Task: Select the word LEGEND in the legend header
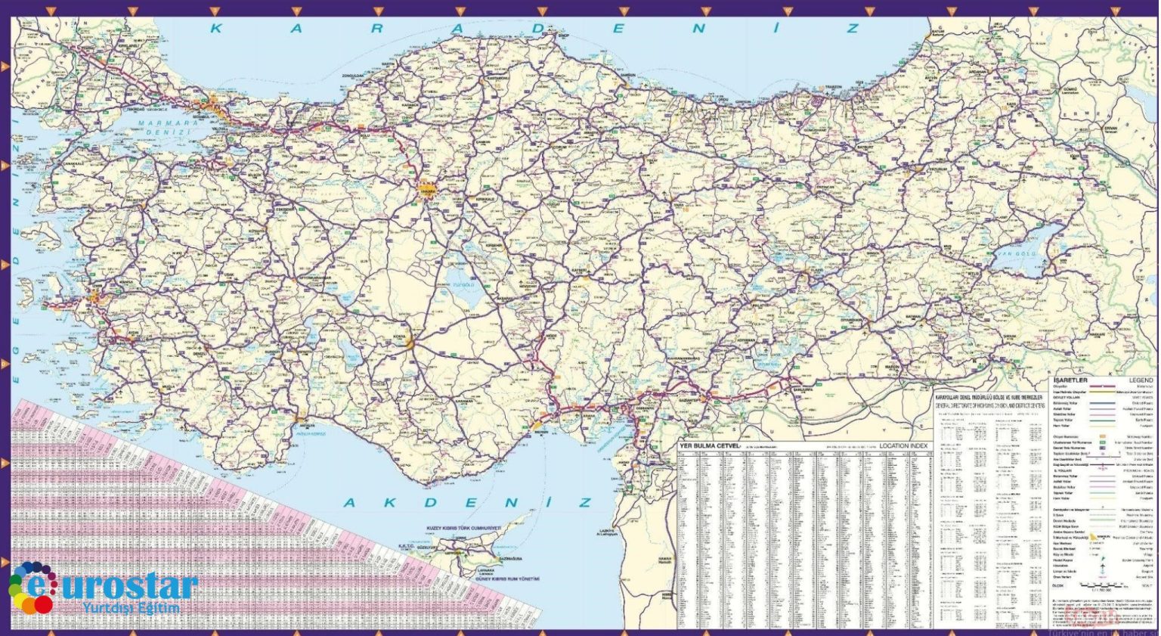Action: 1141,380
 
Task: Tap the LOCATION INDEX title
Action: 903,446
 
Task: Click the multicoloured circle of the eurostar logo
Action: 30,588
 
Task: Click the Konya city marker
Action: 408,342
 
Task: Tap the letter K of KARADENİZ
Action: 216,29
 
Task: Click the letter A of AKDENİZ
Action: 351,503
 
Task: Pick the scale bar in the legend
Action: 1104,585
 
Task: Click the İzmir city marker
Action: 95,295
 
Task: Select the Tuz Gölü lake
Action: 461,284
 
